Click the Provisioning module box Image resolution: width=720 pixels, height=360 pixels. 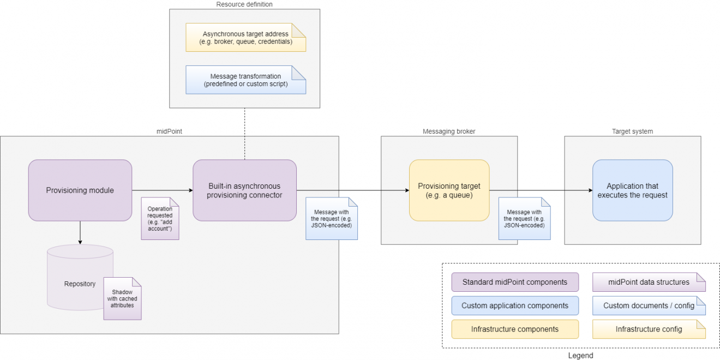(80, 190)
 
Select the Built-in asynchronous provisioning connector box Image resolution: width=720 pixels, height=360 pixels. (244, 190)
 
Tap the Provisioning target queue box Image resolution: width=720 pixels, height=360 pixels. (449, 190)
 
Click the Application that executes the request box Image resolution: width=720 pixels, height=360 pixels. (632, 190)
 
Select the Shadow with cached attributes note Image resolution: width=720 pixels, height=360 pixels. (122, 298)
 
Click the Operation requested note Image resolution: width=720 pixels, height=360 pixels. (160, 219)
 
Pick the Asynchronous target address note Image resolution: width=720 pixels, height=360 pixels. (245, 38)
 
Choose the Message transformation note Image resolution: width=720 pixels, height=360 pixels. (245, 80)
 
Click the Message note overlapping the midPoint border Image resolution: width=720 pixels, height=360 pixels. (332, 219)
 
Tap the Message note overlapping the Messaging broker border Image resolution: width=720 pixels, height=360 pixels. (524, 219)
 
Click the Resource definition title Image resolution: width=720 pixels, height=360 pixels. (244, 4)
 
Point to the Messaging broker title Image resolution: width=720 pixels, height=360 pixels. (449, 131)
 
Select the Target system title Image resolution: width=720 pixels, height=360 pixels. (632, 131)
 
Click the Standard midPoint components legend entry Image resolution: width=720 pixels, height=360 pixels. (515, 283)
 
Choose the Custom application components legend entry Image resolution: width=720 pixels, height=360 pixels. (515, 306)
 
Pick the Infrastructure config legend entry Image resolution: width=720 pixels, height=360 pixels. (649, 329)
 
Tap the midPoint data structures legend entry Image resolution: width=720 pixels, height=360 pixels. (649, 283)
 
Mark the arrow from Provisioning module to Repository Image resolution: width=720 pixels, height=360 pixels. (80, 232)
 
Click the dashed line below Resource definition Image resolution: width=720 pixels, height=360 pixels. (244, 134)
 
